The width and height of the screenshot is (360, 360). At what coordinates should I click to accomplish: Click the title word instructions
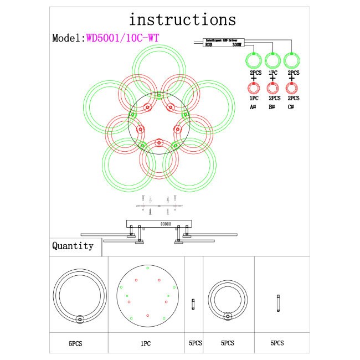(x=182, y=20)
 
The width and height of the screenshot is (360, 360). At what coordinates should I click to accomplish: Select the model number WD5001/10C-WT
(x=124, y=38)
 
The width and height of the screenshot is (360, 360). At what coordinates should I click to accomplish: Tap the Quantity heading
(x=73, y=246)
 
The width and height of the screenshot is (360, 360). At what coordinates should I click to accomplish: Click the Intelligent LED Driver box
(x=219, y=43)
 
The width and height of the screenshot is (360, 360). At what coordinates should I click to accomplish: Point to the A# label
(x=253, y=107)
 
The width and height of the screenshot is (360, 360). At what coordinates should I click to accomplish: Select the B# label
(x=272, y=107)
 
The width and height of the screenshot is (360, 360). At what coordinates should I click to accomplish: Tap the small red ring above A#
(x=254, y=88)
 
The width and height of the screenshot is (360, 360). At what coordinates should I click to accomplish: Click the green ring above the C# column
(x=292, y=60)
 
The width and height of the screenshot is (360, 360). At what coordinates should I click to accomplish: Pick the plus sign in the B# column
(x=272, y=79)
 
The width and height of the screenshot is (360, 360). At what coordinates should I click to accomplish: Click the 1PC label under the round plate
(x=145, y=343)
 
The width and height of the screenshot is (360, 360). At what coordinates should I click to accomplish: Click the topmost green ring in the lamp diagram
(x=159, y=69)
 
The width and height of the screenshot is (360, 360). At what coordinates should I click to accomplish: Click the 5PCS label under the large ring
(x=76, y=343)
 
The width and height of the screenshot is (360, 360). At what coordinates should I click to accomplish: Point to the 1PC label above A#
(x=253, y=98)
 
